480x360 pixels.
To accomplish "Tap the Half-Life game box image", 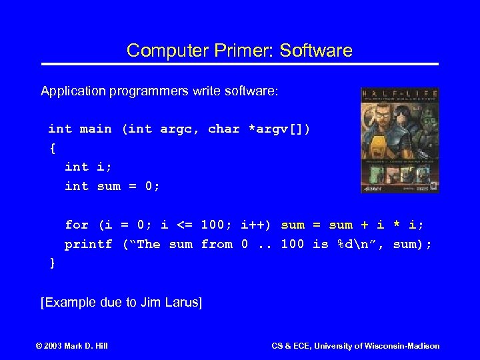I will [x=400, y=140].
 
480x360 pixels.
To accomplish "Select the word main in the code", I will [x=96, y=129].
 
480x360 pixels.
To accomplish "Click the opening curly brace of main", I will [x=53, y=147].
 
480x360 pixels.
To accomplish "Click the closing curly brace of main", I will [x=53, y=263].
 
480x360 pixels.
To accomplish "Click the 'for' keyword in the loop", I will [x=76, y=225].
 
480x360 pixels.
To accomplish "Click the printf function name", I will [x=88, y=244].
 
